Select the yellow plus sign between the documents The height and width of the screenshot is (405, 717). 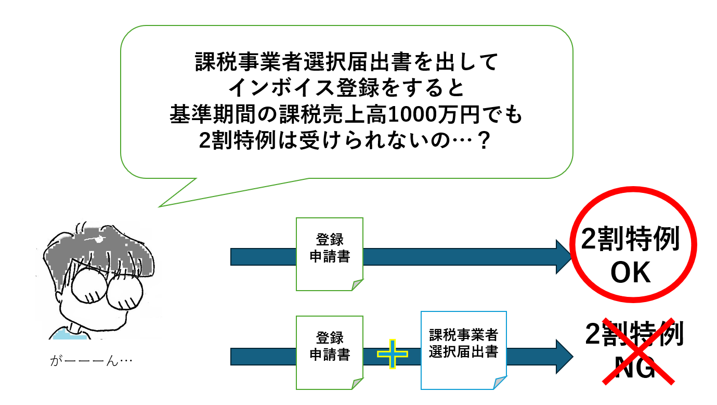click(393, 354)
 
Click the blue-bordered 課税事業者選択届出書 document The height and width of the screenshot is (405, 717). click(463, 350)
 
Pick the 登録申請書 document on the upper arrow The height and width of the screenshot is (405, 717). click(329, 254)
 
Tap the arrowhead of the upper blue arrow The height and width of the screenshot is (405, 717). click(564, 257)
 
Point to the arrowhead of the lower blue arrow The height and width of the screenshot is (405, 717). click(564, 357)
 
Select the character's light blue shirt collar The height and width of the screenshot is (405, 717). click(68, 333)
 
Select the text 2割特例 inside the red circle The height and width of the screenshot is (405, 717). click(630, 240)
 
